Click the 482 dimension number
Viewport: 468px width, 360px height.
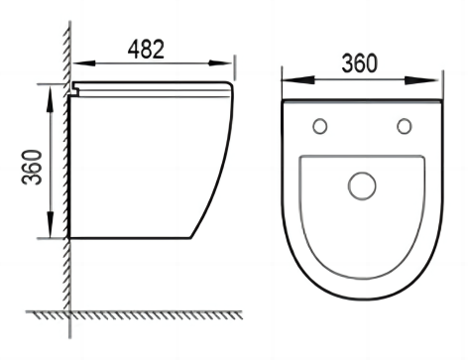tap(146, 50)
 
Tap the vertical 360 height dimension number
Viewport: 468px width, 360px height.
tap(32, 168)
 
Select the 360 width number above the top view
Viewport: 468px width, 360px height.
tap(359, 62)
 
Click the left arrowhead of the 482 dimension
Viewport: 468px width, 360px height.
tap(84, 62)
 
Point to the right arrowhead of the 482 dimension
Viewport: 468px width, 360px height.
tap(220, 62)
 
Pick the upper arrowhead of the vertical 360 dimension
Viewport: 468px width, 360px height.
tap(50, 98)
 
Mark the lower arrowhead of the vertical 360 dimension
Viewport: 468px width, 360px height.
tap(50, 224)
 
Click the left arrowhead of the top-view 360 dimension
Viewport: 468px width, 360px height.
tap(298, 79)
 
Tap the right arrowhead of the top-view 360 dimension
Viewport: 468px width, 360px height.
tap(421, 80)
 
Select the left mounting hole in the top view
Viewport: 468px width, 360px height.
tap(320, 126)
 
